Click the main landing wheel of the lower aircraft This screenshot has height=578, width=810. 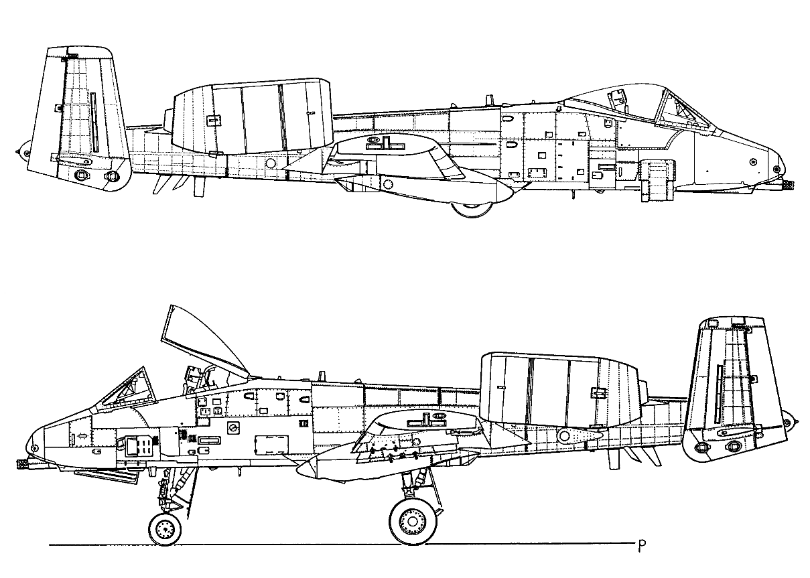tap(412, 521)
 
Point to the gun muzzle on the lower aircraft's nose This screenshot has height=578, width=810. tap(22, 463)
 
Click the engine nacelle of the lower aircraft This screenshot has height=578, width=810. tap(559, 390)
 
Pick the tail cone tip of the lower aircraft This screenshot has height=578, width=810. tap(797, 422)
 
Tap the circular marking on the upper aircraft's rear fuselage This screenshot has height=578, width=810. tap(271, 163)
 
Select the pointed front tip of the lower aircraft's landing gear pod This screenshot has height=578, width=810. tap(297, 470)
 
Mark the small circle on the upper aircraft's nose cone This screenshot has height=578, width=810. tap(753, 161)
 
